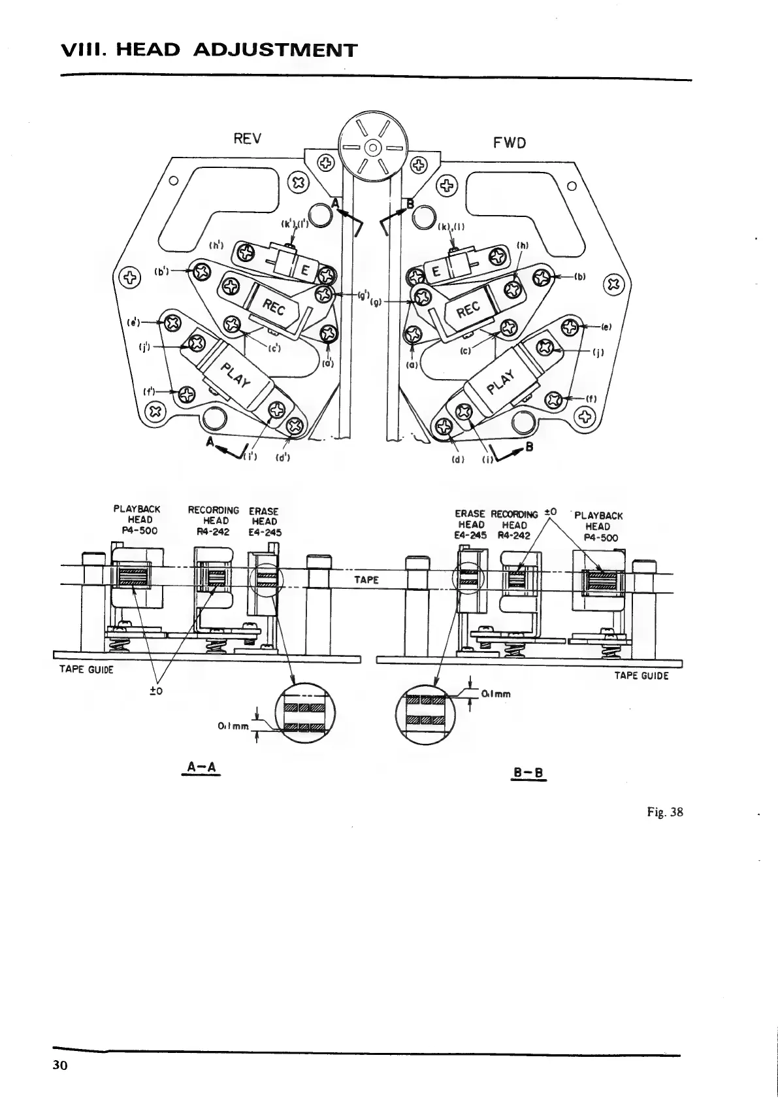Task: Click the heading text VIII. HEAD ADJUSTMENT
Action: click(208, 50)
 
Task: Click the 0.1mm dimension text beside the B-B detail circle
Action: click(495, 694)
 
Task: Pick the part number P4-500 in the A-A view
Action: click(136, 531)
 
